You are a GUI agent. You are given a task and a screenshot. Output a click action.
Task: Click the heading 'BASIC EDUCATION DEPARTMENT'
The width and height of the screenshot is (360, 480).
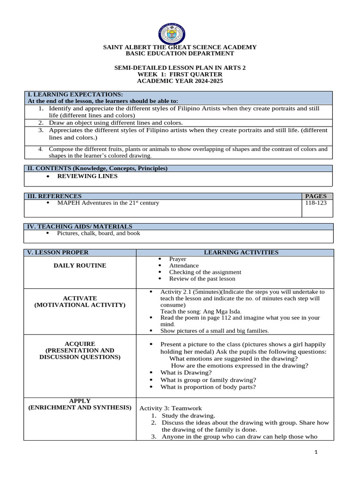[180, 53]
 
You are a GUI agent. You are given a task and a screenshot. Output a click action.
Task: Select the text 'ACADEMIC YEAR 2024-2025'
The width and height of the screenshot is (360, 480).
[180, 81]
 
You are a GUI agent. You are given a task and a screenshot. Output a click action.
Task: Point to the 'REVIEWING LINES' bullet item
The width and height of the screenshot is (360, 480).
[87, 176]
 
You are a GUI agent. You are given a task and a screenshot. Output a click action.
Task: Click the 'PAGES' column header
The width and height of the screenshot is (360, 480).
[317, 196]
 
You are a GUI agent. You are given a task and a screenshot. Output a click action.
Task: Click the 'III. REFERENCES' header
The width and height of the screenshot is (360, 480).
[54, 196]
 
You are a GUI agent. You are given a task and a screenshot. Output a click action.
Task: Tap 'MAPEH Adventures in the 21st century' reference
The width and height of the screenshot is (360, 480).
[108, 203]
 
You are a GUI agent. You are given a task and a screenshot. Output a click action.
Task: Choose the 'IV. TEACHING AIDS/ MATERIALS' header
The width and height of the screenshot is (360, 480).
[80, 226]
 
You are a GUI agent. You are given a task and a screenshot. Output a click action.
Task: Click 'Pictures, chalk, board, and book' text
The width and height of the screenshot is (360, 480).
[98, 233]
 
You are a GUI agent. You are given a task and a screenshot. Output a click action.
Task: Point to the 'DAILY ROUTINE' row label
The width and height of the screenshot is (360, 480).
[80, 265]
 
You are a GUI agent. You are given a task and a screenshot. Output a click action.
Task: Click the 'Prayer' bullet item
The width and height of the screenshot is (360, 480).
[178, 259]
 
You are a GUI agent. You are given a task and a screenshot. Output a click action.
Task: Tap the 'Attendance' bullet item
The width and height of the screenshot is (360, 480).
[184, 265]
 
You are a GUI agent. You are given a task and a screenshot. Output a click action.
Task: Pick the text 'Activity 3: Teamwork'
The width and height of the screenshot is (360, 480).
[171, 408]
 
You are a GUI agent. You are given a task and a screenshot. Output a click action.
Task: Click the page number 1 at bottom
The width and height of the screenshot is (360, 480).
[316, 452]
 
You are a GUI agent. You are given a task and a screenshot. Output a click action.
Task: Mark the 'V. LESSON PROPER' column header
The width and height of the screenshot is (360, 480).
[58, 252]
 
